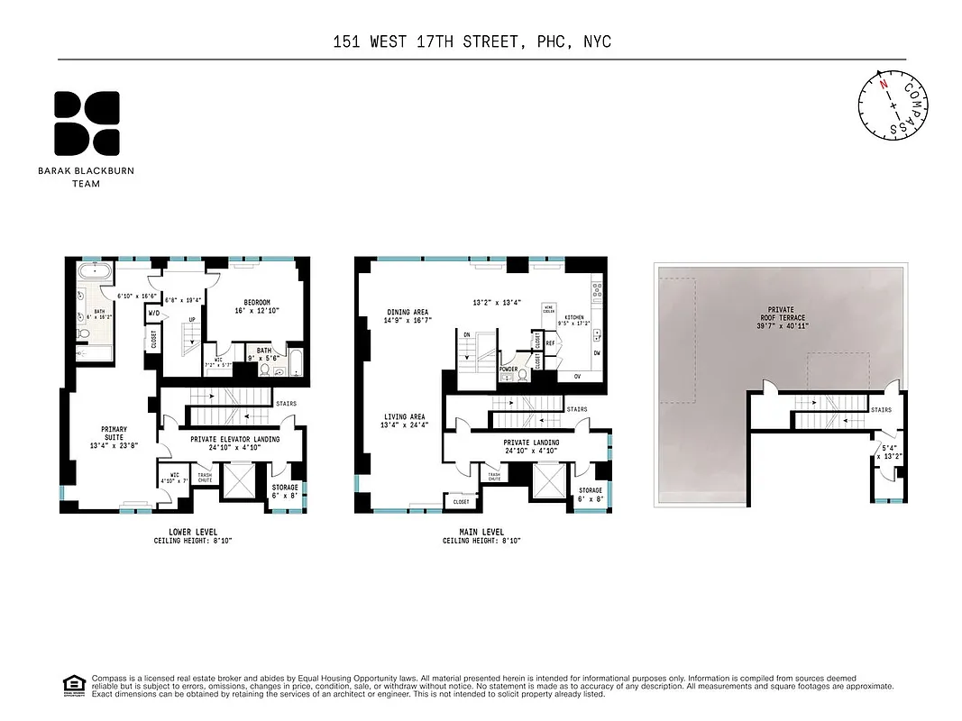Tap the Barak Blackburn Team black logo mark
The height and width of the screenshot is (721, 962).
click(x=87, y=123)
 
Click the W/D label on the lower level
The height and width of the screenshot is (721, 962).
click(x=153, y=315)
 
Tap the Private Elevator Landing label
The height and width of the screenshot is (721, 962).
click(x=234, y=442)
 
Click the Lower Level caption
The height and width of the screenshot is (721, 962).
click(x=192, y=532)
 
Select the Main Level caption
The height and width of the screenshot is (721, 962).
click(x=481, y=532)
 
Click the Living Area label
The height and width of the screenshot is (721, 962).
click(x=404, y=420)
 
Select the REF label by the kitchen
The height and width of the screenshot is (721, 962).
click(x=550, y=344)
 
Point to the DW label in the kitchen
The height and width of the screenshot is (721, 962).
click(x=597, y=352)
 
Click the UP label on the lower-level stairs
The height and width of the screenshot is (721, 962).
click(x=191, y=321)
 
